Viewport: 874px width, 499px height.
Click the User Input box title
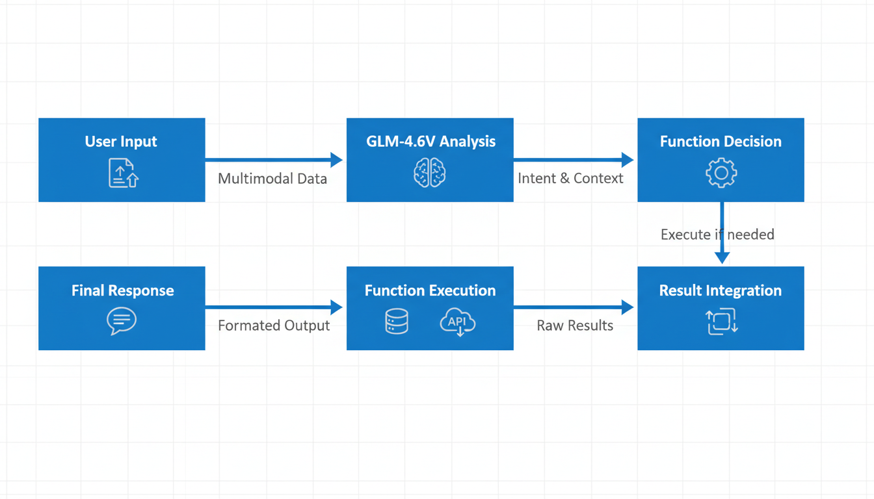(x=121, y=142)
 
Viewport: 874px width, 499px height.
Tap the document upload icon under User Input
(x=123, y=173)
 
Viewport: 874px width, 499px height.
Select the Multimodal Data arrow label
(x=272, y=179)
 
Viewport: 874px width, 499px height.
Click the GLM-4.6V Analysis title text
(x=430, y=142)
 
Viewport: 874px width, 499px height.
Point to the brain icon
(x=430, y=173)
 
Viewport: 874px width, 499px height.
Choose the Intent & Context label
(x=570, y=179)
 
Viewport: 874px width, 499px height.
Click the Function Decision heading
(x=721, y=142)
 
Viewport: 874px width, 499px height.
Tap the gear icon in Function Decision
(x=721, y=173)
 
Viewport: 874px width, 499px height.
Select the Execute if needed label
(x=717, y=235)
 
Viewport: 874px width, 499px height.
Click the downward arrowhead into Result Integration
(x=722, y=257)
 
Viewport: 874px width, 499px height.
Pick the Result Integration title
(x=721, y=290)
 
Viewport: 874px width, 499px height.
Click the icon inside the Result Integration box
(x=721, y=322)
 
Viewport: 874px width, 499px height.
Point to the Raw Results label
(x=575, y=326)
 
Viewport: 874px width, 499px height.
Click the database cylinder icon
(x=397, y=322)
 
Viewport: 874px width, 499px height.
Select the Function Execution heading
(x=430, y=290)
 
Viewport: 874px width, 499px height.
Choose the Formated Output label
(x=274, y=326)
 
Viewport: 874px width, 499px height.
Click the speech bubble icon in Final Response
(x=122, y=321)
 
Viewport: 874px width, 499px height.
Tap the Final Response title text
(x=122, y=290)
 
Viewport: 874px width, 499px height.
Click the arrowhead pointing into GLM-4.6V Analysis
(x=336, y=160)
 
